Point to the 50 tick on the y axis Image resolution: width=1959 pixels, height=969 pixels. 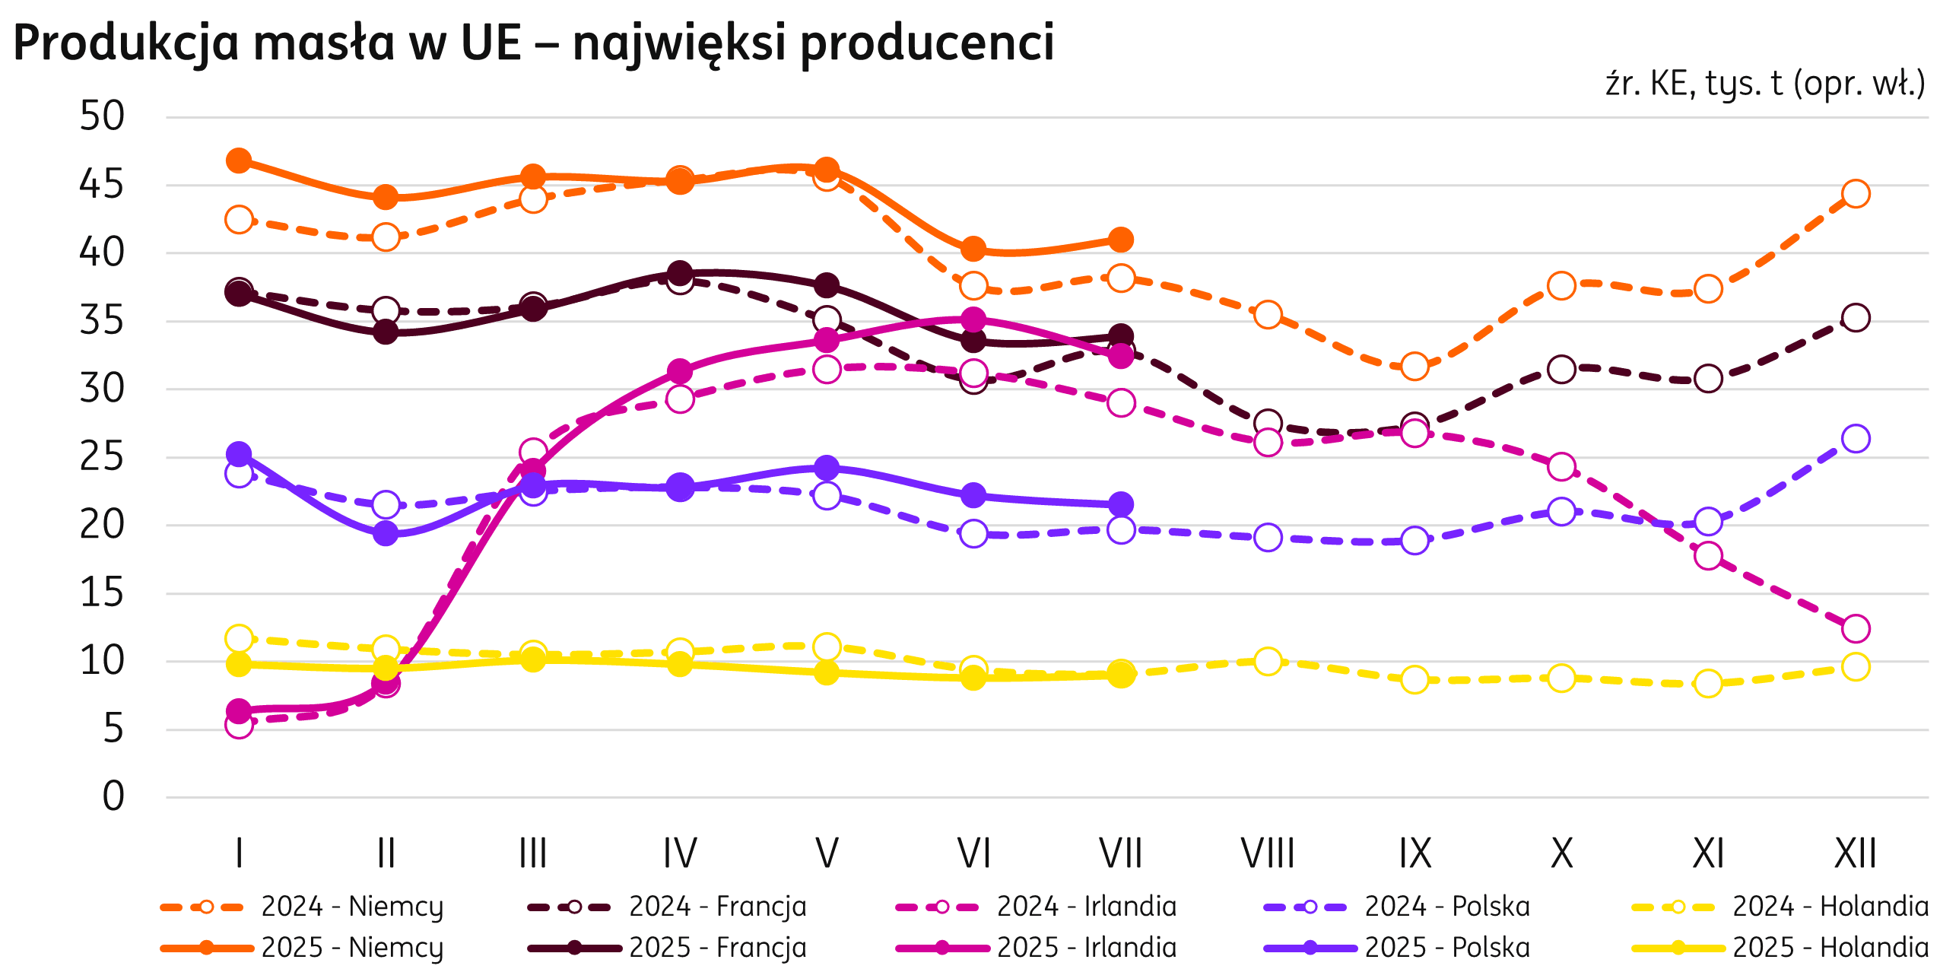(102, 117)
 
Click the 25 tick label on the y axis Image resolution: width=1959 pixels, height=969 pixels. (102, 458)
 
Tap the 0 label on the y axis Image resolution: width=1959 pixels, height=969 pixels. (113, 797)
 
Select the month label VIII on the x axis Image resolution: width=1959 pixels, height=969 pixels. (1268, 853)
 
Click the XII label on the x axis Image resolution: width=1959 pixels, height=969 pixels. (1856, 853)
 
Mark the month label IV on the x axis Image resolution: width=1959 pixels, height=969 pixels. (680, 853)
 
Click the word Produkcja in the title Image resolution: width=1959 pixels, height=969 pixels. (126, 44)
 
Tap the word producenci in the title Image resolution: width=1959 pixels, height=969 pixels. (927, 44)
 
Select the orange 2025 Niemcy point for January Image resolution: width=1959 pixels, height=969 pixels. (239, 160)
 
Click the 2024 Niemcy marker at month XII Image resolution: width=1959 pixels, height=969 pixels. (1856, 193)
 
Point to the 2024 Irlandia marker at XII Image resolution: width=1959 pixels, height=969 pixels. (1856, 628)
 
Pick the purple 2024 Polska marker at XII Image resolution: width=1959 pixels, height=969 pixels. (1856, 438)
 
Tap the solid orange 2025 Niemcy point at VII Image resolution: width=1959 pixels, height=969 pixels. (1121, 240)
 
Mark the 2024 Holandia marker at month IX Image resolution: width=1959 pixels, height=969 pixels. (1414, 679)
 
